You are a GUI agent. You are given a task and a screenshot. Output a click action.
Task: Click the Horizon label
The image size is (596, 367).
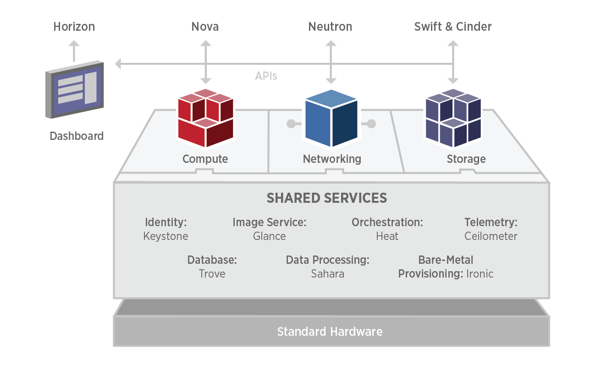click(74, 27)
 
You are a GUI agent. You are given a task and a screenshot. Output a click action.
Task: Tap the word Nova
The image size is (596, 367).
click(205, 27)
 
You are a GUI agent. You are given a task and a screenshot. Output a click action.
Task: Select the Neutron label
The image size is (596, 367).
click(330, 27)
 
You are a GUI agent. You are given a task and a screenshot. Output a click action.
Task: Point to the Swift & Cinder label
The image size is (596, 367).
click(453, 27)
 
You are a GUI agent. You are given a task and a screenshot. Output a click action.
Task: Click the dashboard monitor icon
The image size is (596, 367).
click(74, 89)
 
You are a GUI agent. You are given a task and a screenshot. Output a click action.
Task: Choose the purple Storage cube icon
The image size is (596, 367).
click(453, 119)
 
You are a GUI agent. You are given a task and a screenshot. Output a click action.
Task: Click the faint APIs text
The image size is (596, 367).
click(266, 76)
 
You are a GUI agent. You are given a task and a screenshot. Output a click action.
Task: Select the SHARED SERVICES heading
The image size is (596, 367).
click(327, 198)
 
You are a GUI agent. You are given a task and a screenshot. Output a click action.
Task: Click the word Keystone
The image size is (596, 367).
click(166, 236)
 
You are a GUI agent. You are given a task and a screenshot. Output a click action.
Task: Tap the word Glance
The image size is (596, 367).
click(269, 236)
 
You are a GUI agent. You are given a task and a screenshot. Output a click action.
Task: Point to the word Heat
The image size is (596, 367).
click(387, 236)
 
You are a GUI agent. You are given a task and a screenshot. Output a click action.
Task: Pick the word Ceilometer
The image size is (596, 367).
click(491, 236)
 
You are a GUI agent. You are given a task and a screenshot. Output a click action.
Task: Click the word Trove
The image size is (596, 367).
click(212, 274)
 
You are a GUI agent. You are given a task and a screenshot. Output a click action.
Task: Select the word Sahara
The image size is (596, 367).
click(327, 274)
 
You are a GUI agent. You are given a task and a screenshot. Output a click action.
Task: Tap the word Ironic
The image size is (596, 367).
click(480, 274)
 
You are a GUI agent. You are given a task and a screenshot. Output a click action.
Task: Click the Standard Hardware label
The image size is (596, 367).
click(330, 332)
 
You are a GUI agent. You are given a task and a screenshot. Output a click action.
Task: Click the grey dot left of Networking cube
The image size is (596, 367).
click(291, 123)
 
